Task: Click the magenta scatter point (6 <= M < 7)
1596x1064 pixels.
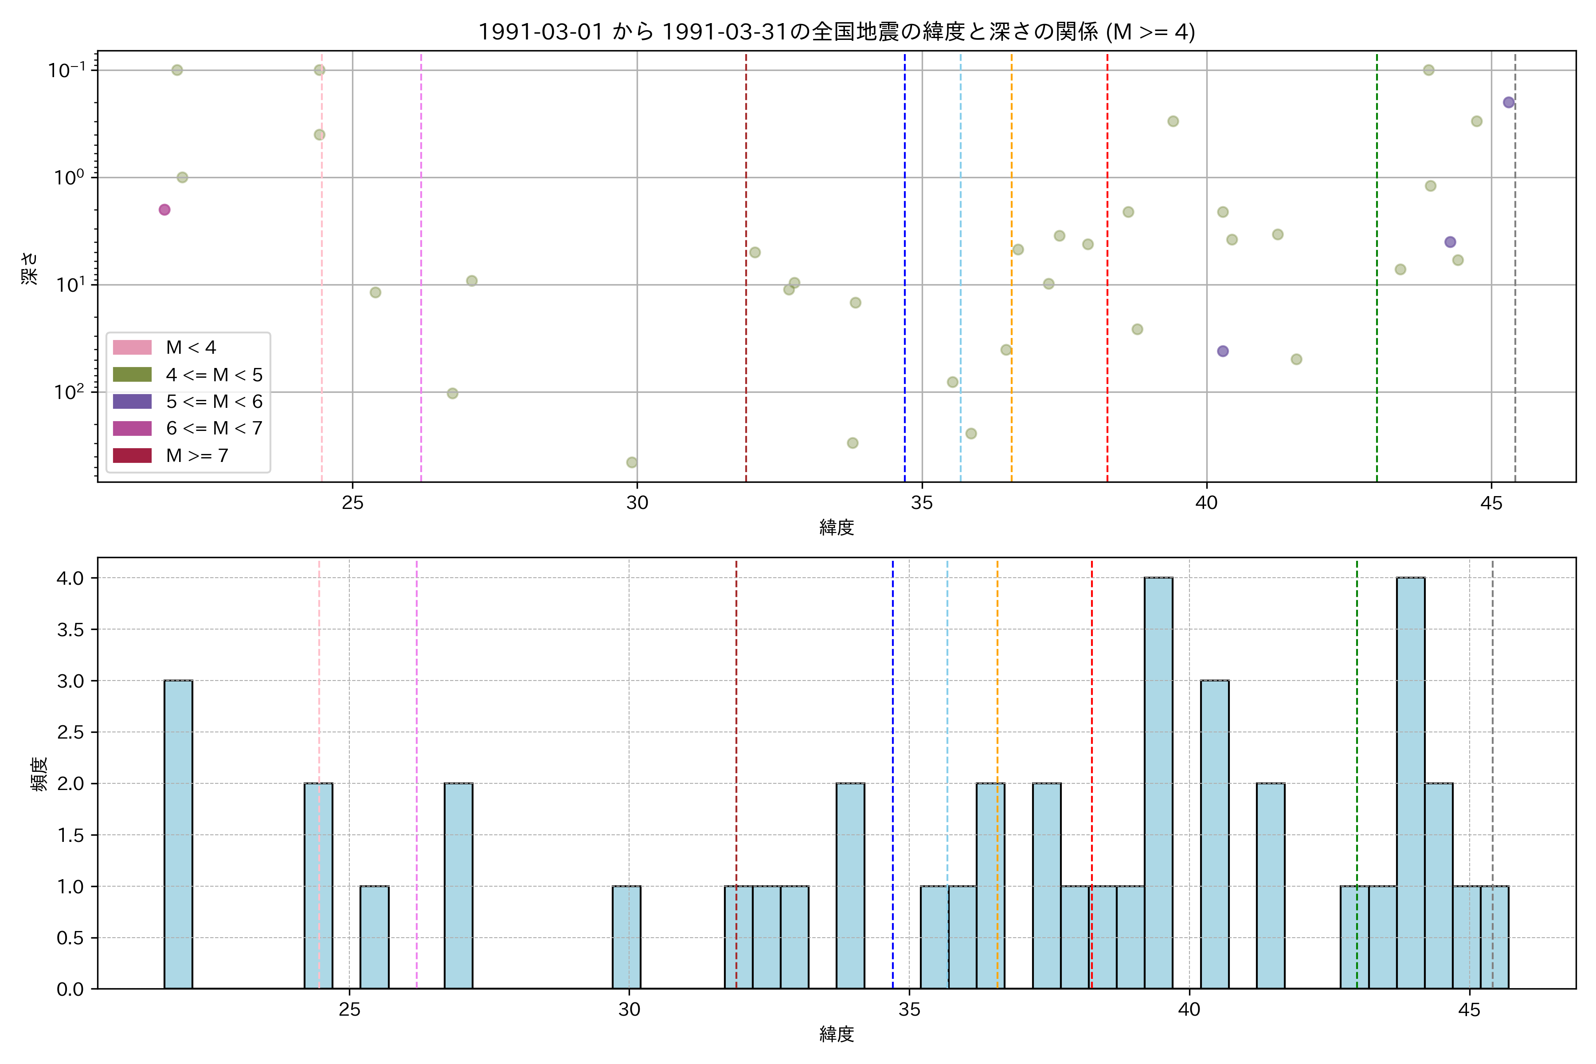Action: (x=164, y=210)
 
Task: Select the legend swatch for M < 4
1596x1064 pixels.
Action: (x=132, y=348)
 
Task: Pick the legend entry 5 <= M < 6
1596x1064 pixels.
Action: (x=214, y=402)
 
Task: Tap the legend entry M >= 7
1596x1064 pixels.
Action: (x=197, y=455)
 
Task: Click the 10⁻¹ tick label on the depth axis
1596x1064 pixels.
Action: (x=67, y=70)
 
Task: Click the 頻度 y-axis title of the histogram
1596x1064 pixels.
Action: (x=39, y=774)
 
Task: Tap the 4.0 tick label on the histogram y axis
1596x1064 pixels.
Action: (x=70, y=578)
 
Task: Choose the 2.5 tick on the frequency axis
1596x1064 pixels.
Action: (x=70, y=732)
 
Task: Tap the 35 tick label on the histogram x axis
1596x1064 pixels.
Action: (x=909, y=1010)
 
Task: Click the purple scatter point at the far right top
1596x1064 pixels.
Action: (x=1509, y=102)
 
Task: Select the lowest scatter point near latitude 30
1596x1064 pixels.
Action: (x=632, y=462)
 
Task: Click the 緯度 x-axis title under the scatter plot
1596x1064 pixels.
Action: (x=836, y=527)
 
